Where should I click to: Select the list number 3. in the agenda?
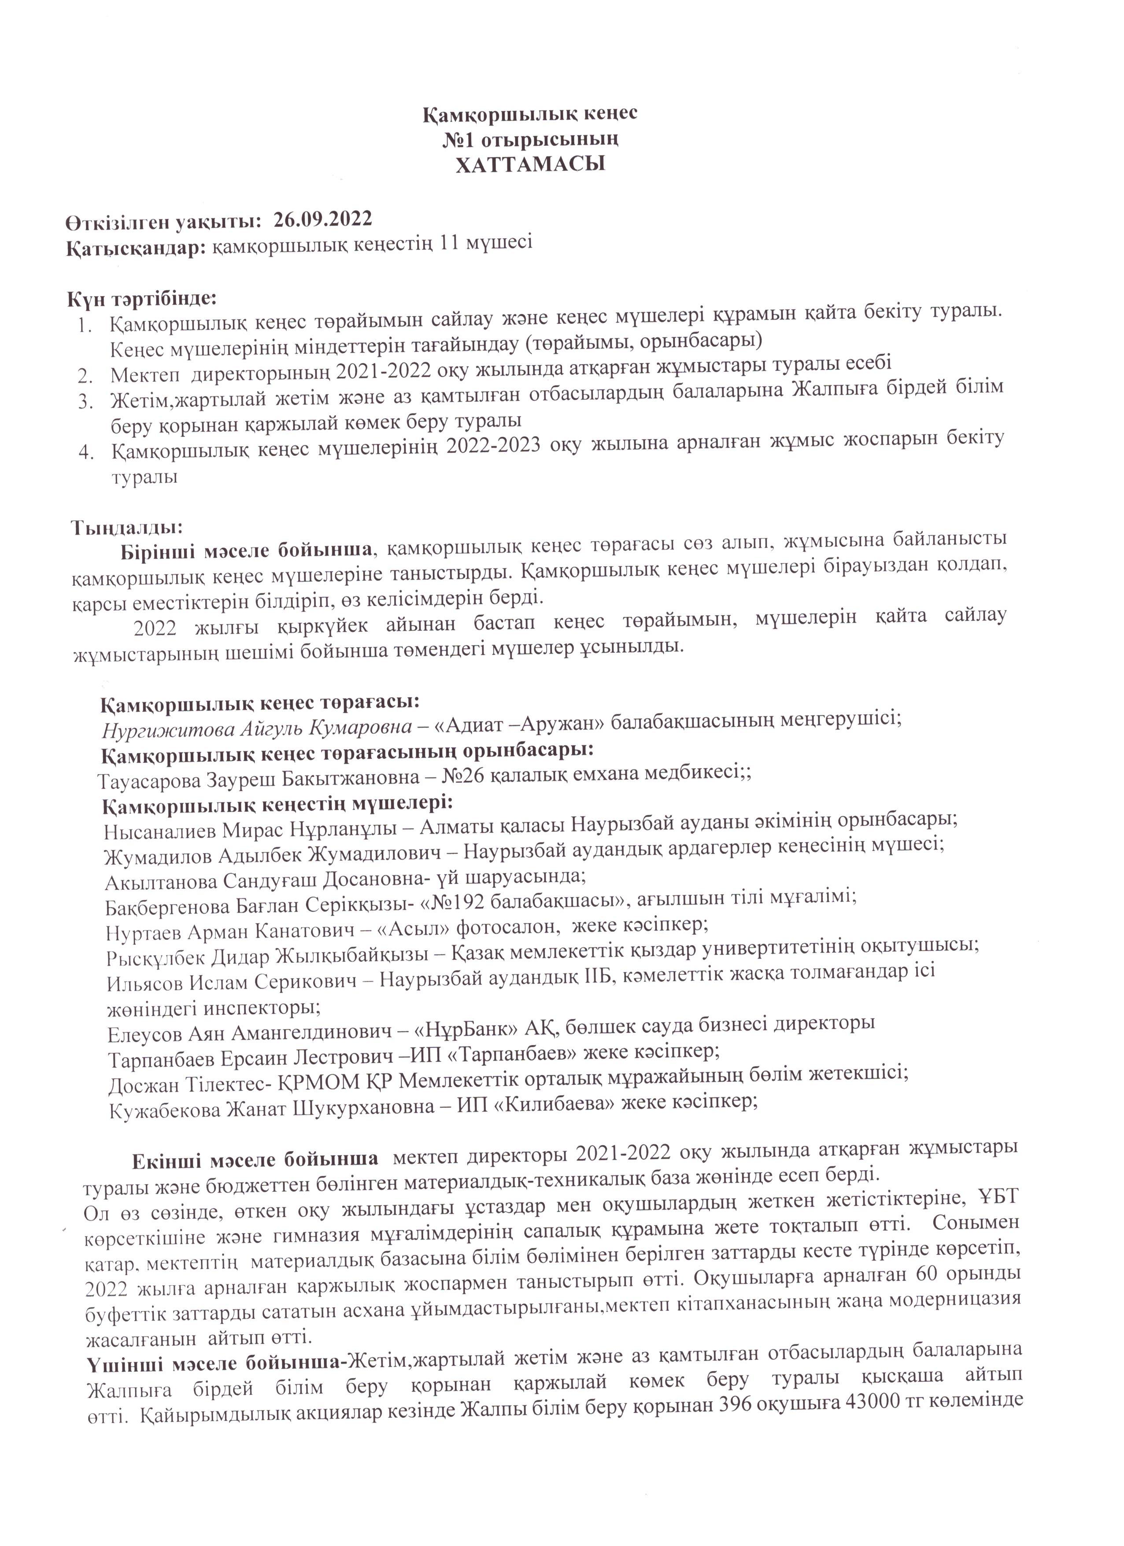click(x=85, y=402)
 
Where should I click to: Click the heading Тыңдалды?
click(x=127, y=527)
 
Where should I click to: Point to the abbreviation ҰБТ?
click(x=998, y=1197)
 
